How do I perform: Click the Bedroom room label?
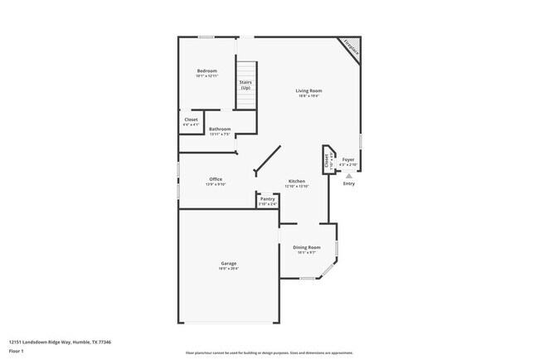click(206, 71)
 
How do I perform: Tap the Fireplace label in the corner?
click(352, 49)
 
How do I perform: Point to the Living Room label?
click(309, 90)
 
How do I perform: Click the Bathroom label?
click(220, 129)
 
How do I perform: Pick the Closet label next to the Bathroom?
click(191, 119)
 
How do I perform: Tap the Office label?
click(216, 179)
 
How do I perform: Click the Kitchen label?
click(297, 181)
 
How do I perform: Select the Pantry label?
click(267, 198)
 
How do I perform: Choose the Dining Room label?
click(307, 247)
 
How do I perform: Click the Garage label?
click(228, 263)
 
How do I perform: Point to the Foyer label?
click(349, 159)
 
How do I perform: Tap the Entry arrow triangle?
click(349, 176)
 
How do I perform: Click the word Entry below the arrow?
click(349, 183)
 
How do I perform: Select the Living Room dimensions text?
click(309, 96)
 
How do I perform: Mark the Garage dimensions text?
click(228, 269)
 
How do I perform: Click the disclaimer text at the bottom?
click(269, 353)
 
